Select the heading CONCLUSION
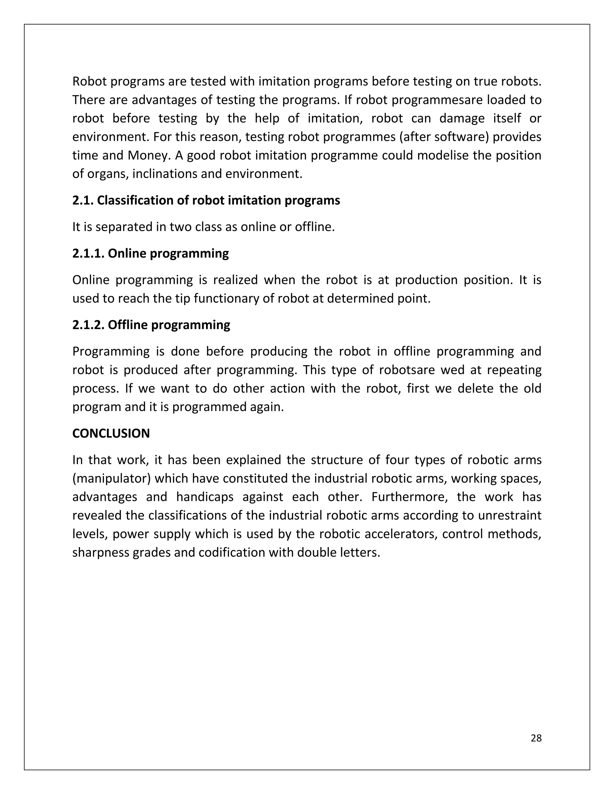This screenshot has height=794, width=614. point(111,433)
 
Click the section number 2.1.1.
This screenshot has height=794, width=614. point(88,253)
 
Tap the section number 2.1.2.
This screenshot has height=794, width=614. point(88,325)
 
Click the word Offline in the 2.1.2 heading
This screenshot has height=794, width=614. point(127,325)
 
